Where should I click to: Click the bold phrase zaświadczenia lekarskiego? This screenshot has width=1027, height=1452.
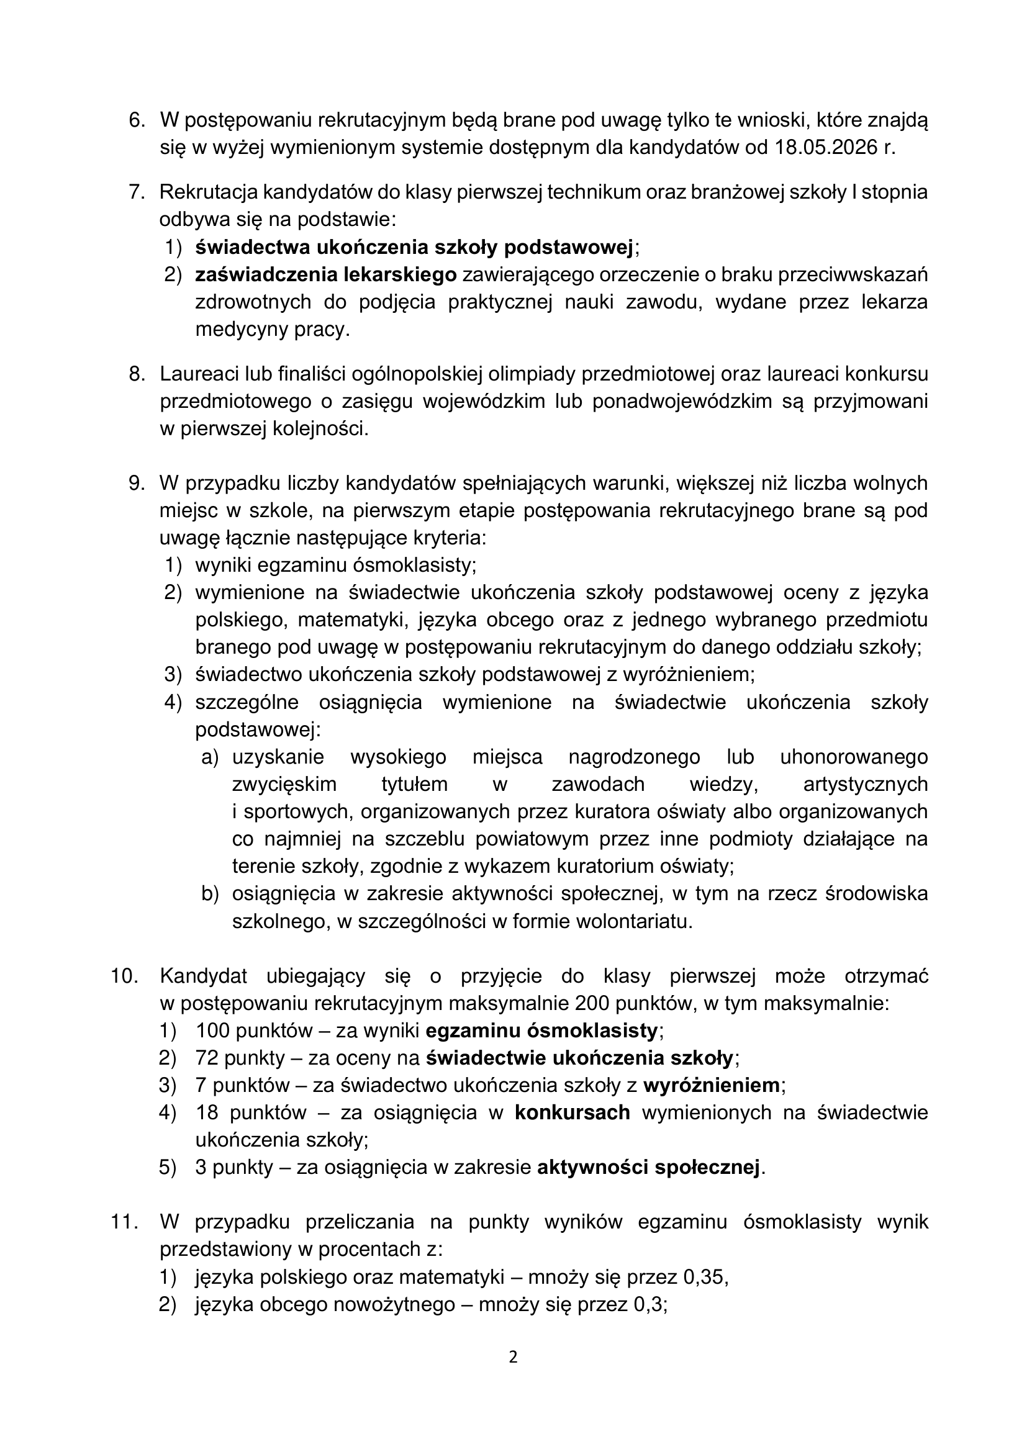[326, 275]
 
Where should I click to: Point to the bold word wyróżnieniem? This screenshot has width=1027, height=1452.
[712, 1086]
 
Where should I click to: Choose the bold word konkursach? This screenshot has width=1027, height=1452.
[572, 1113]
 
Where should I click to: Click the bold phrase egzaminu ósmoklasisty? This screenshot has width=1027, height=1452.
[542, 1031]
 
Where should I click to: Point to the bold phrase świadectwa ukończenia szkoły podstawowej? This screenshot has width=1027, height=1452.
[414, 247]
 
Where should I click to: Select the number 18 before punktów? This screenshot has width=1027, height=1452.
[206, 1113]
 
